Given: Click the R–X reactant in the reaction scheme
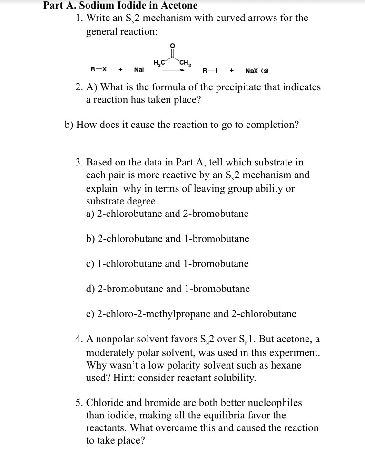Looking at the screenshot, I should (98, 69).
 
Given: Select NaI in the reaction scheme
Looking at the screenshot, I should (139, 69).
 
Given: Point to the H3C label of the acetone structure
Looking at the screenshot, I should (159, 61).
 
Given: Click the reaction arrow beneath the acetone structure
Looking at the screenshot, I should (171, 70).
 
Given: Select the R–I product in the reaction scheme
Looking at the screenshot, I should (210, 71).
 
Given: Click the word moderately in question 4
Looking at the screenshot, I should (109, 353).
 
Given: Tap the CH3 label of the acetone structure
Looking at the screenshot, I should (185, 61).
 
